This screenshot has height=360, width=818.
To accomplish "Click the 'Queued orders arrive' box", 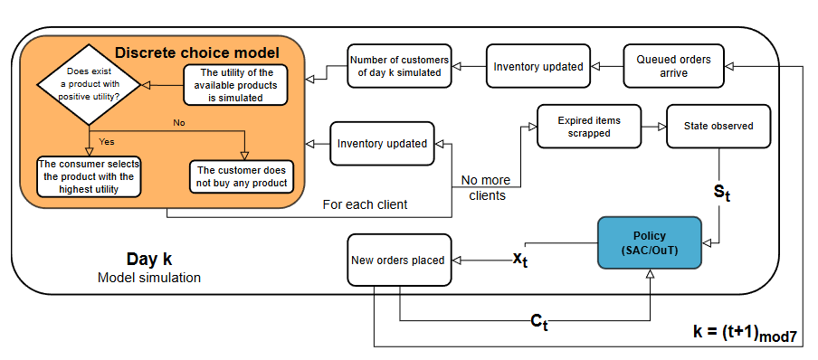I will [x=673, y=66].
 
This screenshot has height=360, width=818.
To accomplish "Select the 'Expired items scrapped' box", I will [x=589, y=127].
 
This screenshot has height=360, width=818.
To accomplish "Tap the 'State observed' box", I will [x=718, y=127].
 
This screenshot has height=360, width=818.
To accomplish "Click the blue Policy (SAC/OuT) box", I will [x=649, y=242].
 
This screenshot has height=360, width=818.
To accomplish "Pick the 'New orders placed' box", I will [x=398, y=261].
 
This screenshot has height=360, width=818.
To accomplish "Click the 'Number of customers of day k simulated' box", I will [x=400, y=66].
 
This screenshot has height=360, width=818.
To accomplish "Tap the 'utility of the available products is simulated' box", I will [x=235, y=84].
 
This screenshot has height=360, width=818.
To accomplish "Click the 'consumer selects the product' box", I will [x=90, y=176].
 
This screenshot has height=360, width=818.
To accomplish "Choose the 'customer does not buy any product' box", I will [x=242, y=176].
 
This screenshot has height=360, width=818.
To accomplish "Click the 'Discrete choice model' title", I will [x=196, y=52].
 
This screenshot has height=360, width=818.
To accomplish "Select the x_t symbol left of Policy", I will [x=520, y=259].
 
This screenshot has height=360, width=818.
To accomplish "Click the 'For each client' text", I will [x=365, y=204].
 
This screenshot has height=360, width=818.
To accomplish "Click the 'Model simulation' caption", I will [x=148, y=278].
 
